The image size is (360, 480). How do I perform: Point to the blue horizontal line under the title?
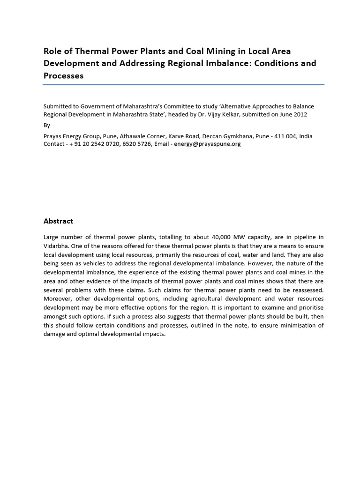pos(183,85)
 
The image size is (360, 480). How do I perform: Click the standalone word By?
pos(46,125)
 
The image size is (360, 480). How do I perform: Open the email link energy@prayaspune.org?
pos(207,144)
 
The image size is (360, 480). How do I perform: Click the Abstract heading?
pos(58,221)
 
